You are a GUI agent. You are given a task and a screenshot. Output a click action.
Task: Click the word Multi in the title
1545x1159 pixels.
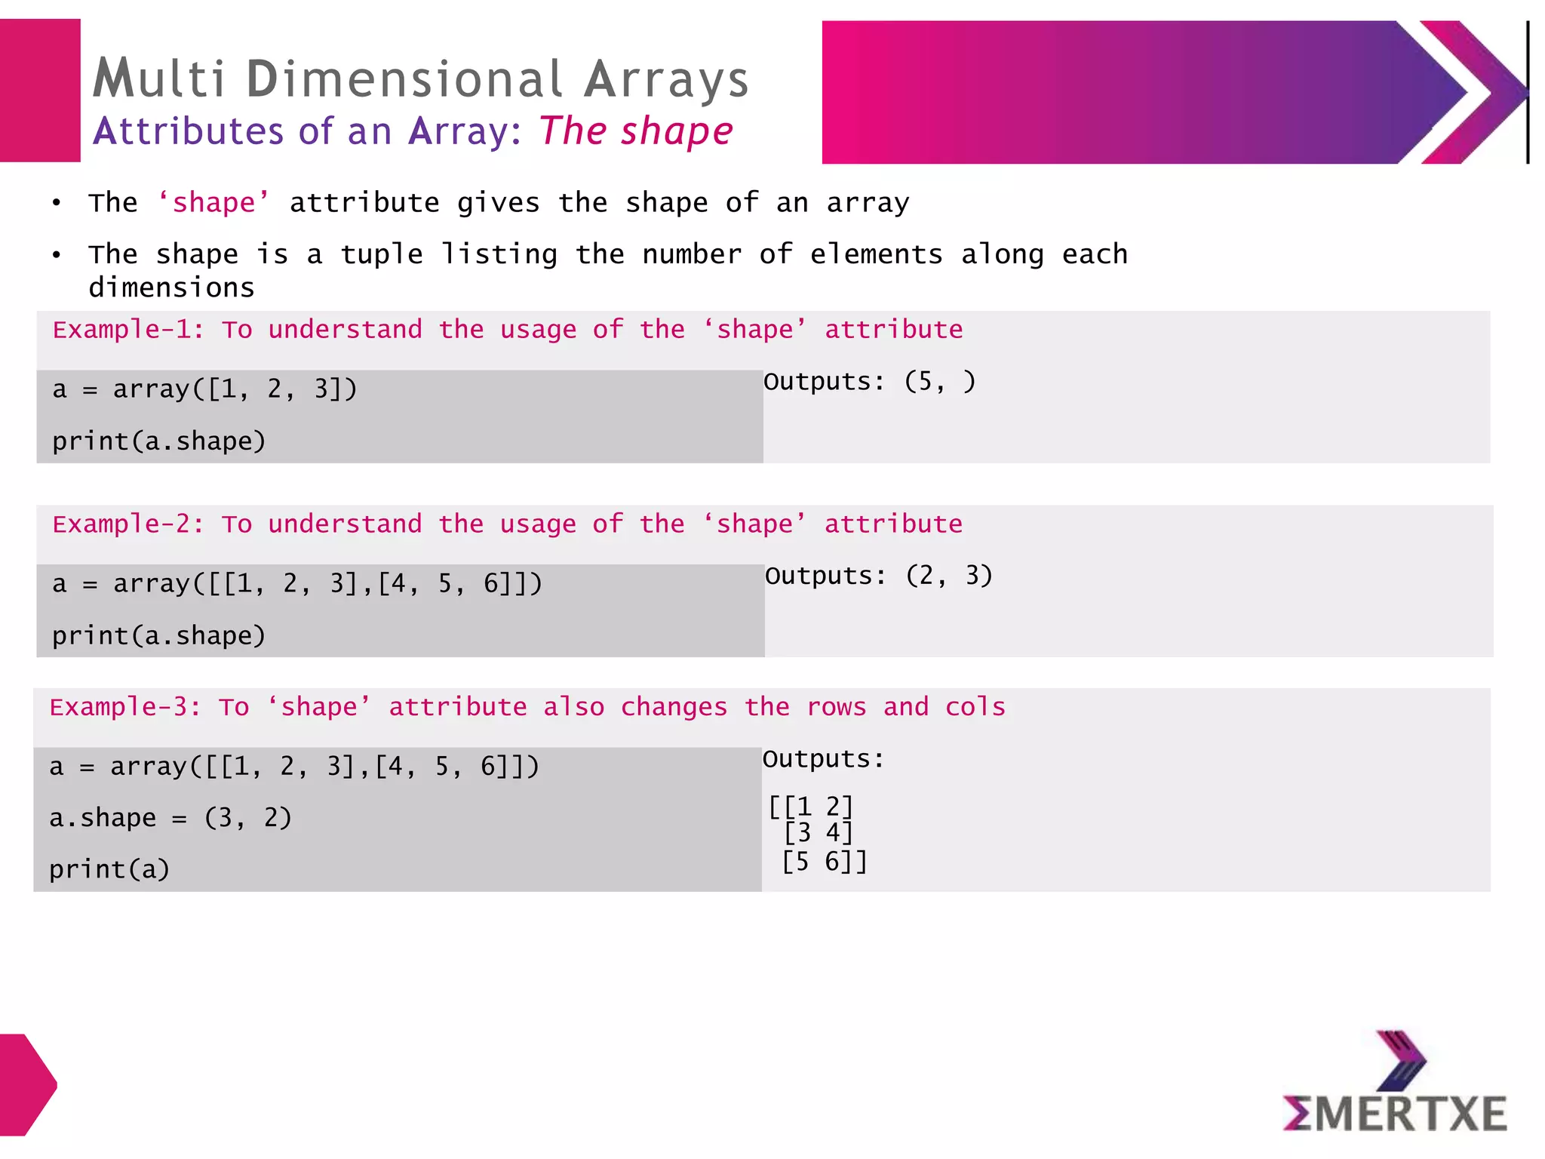click(x=159, y=78)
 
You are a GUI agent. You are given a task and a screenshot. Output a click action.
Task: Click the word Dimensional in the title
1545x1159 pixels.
click(x=404, y=78)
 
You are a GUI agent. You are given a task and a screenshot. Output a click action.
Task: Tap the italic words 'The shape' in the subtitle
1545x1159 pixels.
click(x=635, y=131)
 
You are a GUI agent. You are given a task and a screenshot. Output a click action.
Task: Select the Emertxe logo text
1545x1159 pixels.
click(x=1395, y=1114)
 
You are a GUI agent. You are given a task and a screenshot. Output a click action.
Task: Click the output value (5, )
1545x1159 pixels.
click(x=940, y=381)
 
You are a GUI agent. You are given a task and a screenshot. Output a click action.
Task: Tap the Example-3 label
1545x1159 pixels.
click(x=125, y=708)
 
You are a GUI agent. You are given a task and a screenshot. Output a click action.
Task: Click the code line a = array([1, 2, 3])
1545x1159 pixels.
click(x=204, y=389)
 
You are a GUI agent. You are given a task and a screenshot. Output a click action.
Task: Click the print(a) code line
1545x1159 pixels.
click(x=109, y=869)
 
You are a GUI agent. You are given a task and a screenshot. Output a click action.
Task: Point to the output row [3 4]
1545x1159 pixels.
click(x=818, y=833)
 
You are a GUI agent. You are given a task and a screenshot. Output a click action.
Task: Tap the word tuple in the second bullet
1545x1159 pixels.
click(x=381, y=255)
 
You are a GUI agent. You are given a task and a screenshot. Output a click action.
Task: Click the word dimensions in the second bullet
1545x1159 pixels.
click(x=171, y=288)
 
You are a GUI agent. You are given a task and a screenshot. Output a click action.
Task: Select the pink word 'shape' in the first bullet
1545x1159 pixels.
click(x=213, y=203)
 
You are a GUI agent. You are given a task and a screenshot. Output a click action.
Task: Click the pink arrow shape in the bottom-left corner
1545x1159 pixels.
click(x=27, y=1084)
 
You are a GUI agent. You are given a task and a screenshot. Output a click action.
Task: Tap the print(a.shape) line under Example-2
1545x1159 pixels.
click(x=159, y=636)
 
